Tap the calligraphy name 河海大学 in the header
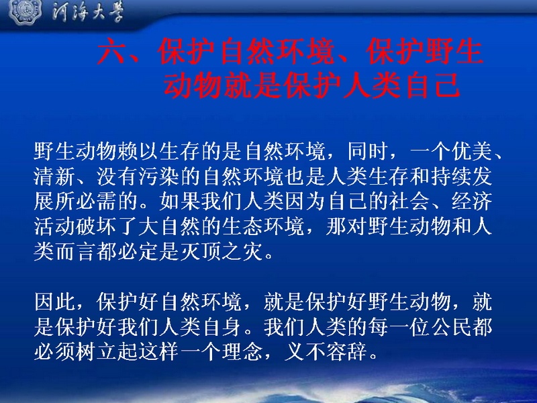point(88,13)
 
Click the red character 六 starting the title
point(111,52)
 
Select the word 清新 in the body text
point(54,176)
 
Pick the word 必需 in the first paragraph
point(96,201)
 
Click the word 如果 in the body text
point(179,201)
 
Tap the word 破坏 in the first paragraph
point(96,227)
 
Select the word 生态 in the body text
point(242,227)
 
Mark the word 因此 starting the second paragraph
point(54,302)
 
